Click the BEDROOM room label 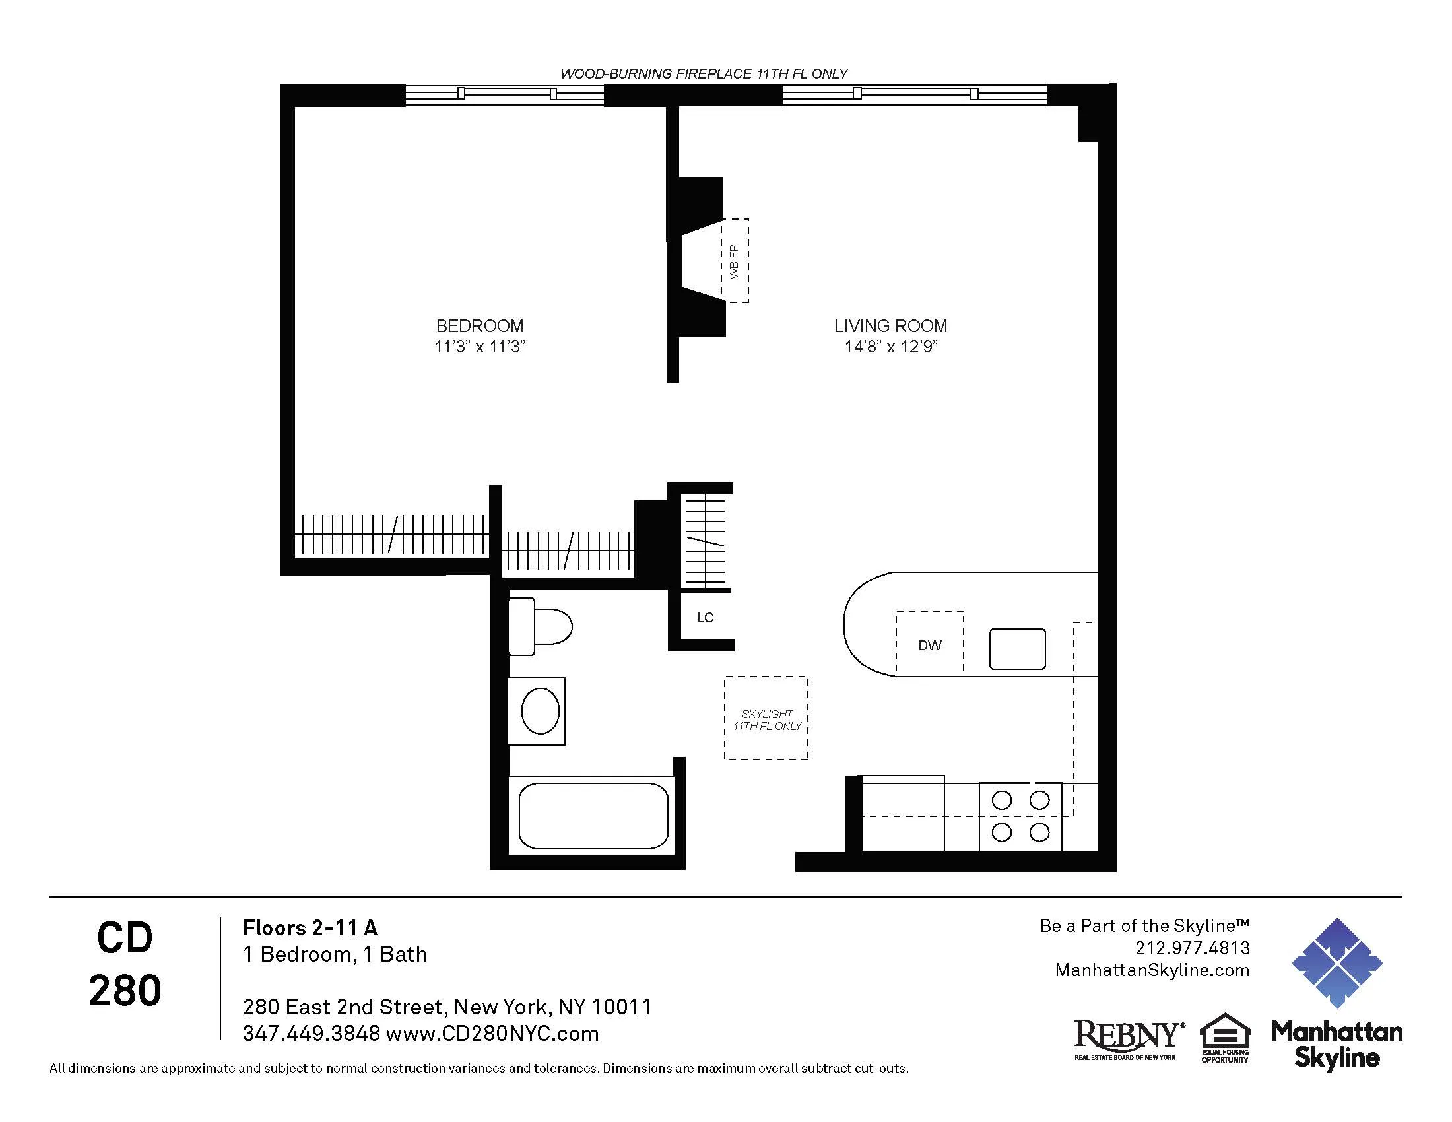(479, 325)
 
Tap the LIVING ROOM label (890, 325)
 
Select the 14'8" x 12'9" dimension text (890, 346)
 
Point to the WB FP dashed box (735, 261)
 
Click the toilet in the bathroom (539, 626)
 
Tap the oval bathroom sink (540, 711)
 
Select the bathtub (593, 815)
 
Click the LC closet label (705, 618)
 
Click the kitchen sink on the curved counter (1017, 649)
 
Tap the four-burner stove (1020, 817)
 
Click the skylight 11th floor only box (766, 719)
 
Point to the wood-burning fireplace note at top (704, 74)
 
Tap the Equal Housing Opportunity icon (1224, 1037)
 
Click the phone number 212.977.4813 (1192, 948)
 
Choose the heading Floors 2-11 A (310, 927)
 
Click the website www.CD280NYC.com (492, 1034)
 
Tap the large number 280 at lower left (125, 991)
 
